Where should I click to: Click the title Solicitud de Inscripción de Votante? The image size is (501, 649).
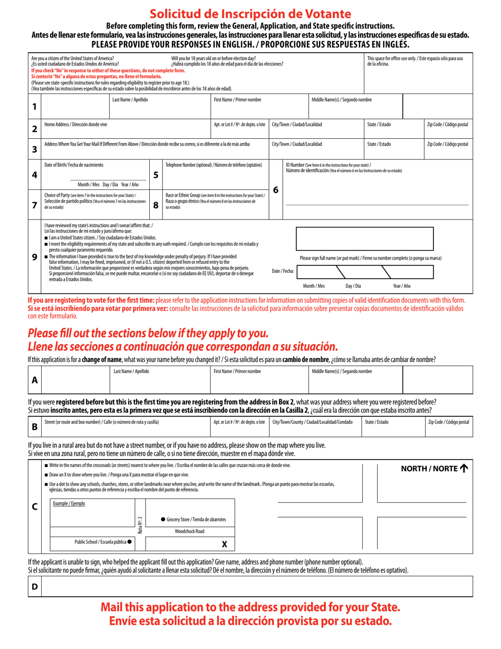click(250, 14)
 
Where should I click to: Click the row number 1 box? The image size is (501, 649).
click(34, 106)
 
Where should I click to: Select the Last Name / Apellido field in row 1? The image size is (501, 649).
click(160, 109)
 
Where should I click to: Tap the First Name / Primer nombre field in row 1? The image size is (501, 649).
click(259, 109)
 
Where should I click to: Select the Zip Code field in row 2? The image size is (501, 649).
click(447, 131)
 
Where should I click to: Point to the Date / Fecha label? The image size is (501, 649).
click(283, 271)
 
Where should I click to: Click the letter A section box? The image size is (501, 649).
click(34, 379)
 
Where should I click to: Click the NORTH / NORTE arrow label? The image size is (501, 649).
click(435, 467)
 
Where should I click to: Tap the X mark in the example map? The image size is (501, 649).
click(224, 544)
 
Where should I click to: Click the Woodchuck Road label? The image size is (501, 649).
click(189, 531)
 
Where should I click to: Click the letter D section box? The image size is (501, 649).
click(34, 586)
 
